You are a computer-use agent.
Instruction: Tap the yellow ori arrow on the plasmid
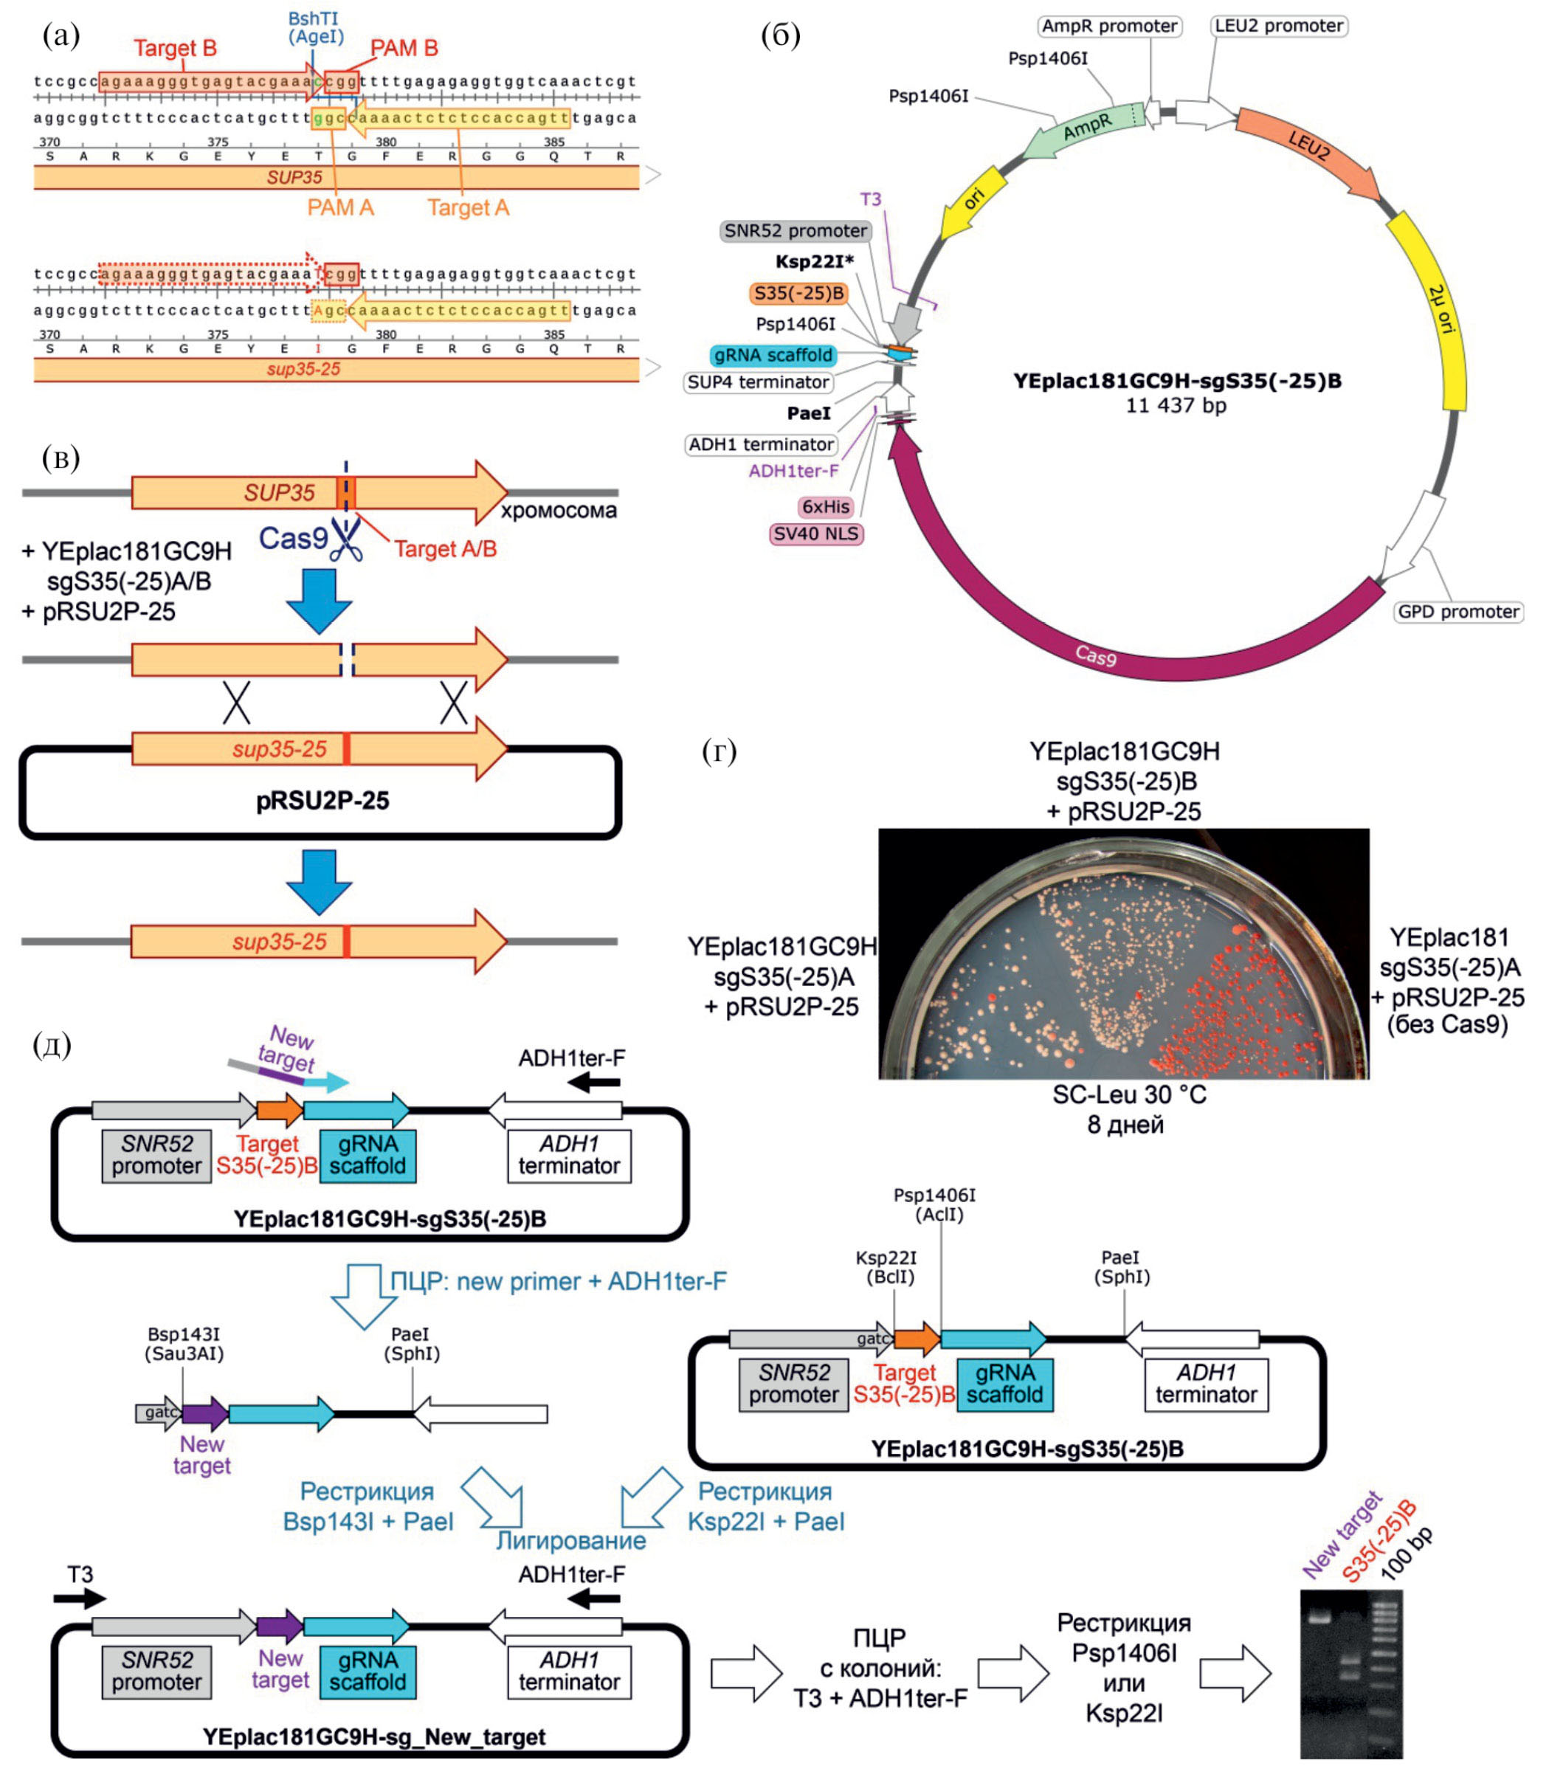(973, 201)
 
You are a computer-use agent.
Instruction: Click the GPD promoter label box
(1457, 612)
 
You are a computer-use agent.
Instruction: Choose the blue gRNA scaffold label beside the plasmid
(773, 355)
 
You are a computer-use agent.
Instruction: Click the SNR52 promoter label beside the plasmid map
(796, 231)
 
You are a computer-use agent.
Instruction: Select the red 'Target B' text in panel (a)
(175, 49)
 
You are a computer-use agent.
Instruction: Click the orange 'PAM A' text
(340, 207)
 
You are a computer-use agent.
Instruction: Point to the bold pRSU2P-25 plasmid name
(322, 801)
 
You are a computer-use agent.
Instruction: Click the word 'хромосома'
(559, 511)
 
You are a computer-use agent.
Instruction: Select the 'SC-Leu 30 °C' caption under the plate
(1128, 1095)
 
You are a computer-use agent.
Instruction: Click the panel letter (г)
(720, 751)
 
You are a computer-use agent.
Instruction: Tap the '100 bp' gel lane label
(1407, 1553)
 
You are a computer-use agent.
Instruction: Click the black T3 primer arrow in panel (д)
(80, 1599)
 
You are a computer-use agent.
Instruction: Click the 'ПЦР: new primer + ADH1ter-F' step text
(557, 1281)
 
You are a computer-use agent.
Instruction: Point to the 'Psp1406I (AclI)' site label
(934, 1204)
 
